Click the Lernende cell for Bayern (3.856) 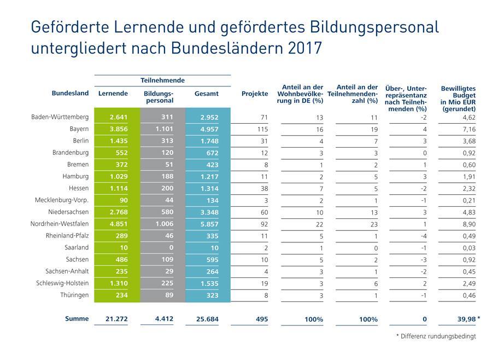pos(118,130)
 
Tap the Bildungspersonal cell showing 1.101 pos(163,130)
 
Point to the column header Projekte pos(255,94)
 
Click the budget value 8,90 pos(468,224)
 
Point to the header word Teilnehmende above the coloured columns pos(162,80)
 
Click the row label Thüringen pos(74,295)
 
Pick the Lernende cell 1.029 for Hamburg pos(118,177)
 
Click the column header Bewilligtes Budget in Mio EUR pos(458,98)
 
